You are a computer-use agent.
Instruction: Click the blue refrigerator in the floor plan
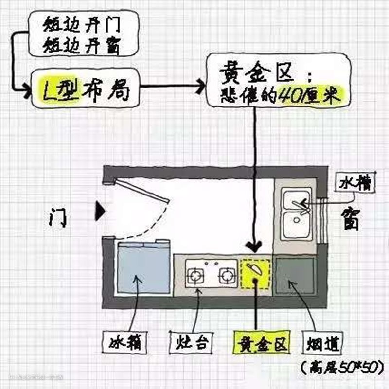point(143,269)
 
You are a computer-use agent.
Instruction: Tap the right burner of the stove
point(226,276)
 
